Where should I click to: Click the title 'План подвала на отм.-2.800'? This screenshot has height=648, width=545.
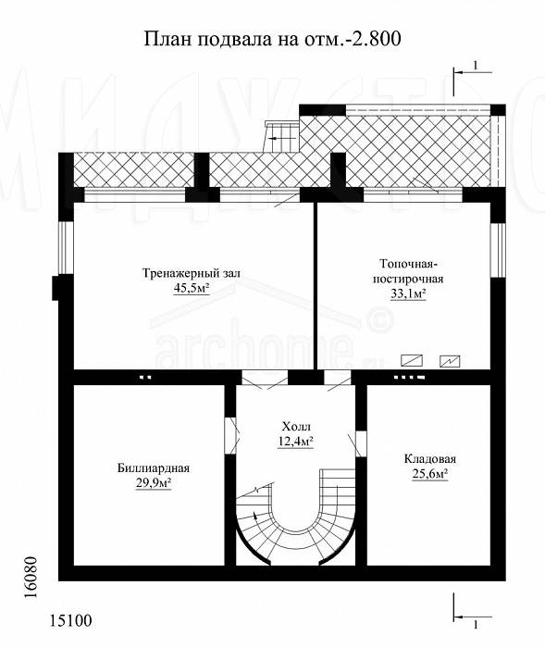coord(273,39)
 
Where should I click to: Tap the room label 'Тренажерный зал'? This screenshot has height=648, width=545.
coord(192,273)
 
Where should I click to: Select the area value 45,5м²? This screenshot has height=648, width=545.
coord(192,288)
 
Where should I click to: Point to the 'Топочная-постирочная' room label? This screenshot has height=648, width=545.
coord(408,271)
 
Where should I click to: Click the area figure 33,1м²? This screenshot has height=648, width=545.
coord(408,293)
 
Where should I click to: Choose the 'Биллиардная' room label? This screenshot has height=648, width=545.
coord(154,468)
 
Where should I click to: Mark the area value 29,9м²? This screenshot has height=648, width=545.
coord(154,482)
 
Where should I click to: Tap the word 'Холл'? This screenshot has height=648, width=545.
coord(295,426)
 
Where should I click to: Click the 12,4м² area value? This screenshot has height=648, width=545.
coord(295,442)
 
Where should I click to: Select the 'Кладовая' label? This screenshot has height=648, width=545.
coord(430,459)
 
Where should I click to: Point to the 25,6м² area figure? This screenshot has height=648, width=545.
coord(430,474)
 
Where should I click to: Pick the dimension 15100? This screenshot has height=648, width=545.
coord(71,620)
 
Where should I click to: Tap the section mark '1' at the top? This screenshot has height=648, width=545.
coord(476,66)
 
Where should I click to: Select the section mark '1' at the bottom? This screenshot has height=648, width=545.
coord(476,625)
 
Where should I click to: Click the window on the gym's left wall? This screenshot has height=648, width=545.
coord(66,248)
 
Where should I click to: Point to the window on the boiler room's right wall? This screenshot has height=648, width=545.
coord(498,251)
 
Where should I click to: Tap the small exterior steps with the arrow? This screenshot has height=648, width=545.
coord(282,137)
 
